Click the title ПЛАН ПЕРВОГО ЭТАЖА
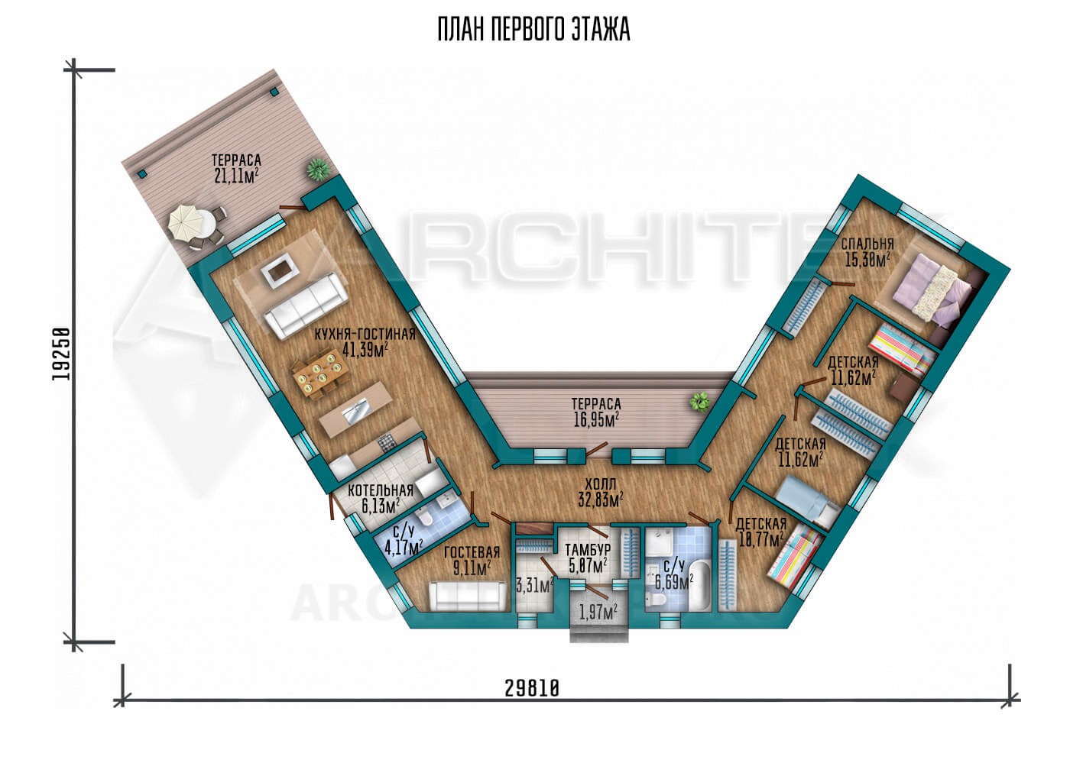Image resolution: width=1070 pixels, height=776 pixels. (534, 30)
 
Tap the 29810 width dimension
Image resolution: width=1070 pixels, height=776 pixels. (532, 688)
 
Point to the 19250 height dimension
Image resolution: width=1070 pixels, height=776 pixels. (61, 354)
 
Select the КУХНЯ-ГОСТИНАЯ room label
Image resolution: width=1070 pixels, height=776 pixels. (365, 334)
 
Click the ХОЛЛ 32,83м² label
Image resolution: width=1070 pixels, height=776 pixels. (601, 492)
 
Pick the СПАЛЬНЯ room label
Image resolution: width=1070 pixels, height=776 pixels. (867, 244)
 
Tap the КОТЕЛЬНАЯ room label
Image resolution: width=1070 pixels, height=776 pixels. (381, 490)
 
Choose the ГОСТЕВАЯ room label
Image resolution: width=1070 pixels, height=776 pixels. (472, 553)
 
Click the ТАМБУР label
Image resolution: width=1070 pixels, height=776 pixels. (588, 550)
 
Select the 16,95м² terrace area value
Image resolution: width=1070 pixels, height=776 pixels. (597, 420)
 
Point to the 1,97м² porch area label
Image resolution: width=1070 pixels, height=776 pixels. (598, 611)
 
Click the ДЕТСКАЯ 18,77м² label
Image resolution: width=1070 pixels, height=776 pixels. (761, 532)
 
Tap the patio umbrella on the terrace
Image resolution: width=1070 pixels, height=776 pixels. (186, 222)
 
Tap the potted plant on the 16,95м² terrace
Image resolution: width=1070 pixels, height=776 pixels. (700, 401)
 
